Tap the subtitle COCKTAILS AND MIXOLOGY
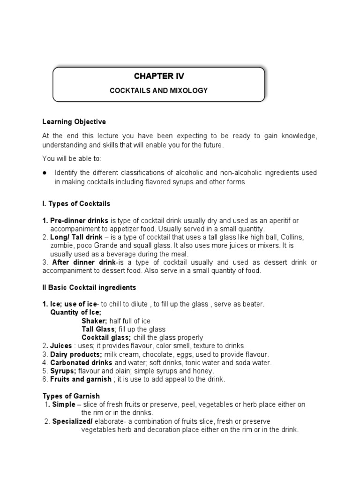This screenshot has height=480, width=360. [158, 90]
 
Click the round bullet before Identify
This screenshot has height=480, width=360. [45, 173]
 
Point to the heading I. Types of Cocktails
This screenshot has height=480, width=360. [76, 204]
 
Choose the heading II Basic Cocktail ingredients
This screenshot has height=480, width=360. [89, 287]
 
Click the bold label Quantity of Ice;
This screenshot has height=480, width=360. [75, 312]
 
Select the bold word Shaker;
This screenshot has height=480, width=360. [94, 321]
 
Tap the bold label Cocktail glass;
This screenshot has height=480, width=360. [106, 337]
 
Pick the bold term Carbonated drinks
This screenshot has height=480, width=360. [81, 363]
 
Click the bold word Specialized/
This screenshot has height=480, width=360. [71, 421]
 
